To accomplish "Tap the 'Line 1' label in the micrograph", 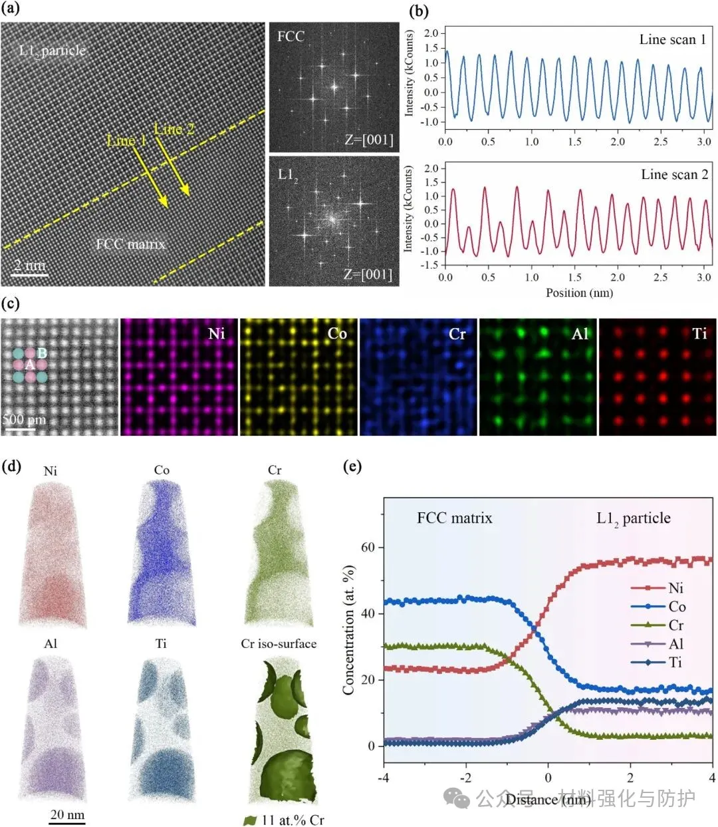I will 126,140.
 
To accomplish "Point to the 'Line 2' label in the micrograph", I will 174,129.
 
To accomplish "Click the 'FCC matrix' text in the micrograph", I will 130,244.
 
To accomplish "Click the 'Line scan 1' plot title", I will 672,40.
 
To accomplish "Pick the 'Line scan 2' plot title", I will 674,174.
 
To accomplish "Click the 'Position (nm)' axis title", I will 579,293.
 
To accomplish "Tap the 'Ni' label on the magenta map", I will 217,333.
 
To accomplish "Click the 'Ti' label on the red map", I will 699,333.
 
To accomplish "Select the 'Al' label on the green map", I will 580,333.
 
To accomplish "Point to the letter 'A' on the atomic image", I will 29,365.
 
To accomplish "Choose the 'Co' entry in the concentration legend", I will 677,606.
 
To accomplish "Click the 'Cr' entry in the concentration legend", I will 676,625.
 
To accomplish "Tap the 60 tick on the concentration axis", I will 368,548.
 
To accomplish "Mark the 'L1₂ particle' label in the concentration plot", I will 633,518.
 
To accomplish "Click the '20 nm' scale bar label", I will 67,814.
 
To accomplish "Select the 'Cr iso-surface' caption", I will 279,643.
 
